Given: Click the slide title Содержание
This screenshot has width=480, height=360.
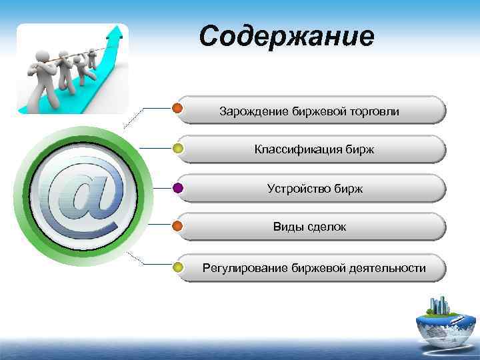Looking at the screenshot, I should [287, 37].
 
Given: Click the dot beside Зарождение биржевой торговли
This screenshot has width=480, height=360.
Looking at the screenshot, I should [178, 109].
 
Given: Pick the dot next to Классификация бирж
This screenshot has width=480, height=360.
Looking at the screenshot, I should [178, 149].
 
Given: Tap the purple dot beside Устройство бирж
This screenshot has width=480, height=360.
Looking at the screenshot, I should [178, 188].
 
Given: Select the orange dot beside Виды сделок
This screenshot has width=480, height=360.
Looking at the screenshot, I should [178, 227].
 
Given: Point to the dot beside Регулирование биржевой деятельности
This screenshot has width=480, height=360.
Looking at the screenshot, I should [178, 267].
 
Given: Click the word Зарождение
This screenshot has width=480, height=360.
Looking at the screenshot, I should [254, 111].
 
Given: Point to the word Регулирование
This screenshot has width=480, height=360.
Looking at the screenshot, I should [245, 268].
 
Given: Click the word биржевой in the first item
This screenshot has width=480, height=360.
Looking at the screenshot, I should [318, 111].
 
